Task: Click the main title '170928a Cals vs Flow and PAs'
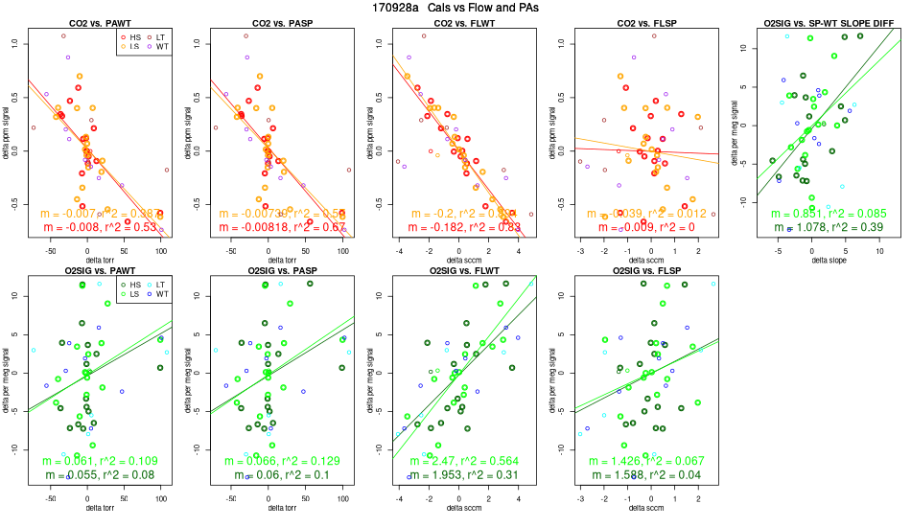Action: [455, 8]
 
